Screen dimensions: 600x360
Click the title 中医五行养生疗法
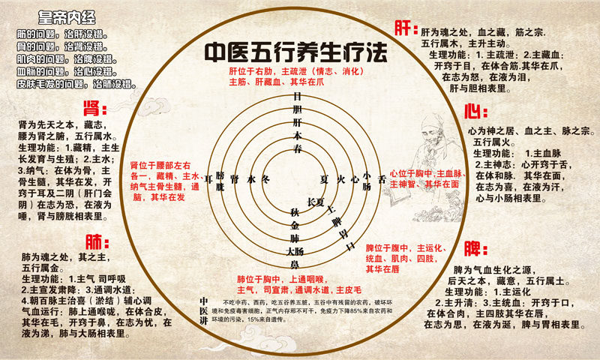coord(297,53)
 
